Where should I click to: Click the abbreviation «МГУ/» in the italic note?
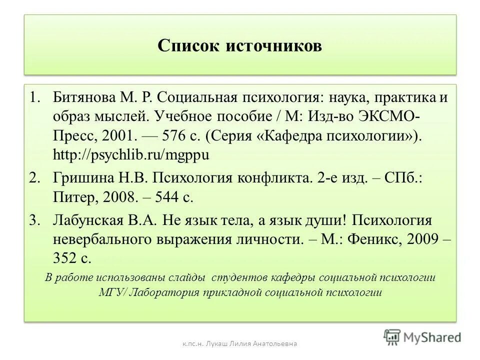click(112, 293)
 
